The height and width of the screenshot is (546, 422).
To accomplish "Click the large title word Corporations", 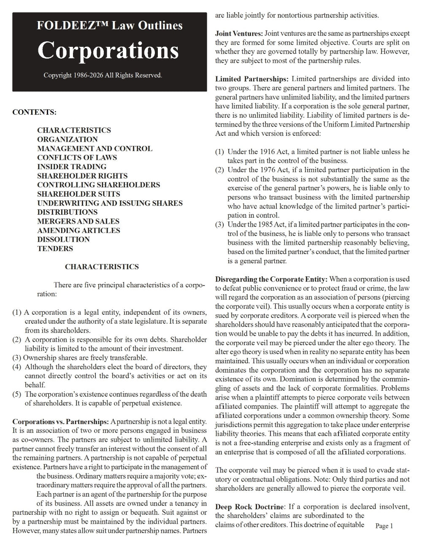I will tap(108, 50).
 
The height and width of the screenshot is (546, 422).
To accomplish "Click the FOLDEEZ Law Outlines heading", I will tap(110, 26).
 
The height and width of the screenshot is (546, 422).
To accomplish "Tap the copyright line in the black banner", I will tap(103, 75).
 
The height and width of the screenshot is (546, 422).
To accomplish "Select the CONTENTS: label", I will tap(34, 112).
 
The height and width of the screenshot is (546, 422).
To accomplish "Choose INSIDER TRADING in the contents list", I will tap(71, 167).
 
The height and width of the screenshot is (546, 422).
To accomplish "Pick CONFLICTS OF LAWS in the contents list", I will tap(77, 157).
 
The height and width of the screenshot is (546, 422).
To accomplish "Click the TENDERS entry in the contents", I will tap(55, 249).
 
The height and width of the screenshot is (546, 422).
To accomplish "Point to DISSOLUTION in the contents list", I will tap(63, 239).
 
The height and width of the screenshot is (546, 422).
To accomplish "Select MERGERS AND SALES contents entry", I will tap(78, 221).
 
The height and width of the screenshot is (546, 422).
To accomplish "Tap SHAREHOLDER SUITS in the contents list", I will tap(78, 194).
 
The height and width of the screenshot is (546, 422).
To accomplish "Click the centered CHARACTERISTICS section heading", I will tap(102, 267).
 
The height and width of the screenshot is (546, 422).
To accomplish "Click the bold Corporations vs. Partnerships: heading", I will tap(61, 422).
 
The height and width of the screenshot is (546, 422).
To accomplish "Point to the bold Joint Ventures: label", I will tap(239, 33).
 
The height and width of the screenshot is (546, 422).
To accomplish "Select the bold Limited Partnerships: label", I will tap(252, 79).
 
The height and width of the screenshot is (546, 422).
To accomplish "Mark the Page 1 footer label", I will tap(384, 526).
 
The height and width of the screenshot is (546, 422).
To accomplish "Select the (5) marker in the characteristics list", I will tap(17, 394).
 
